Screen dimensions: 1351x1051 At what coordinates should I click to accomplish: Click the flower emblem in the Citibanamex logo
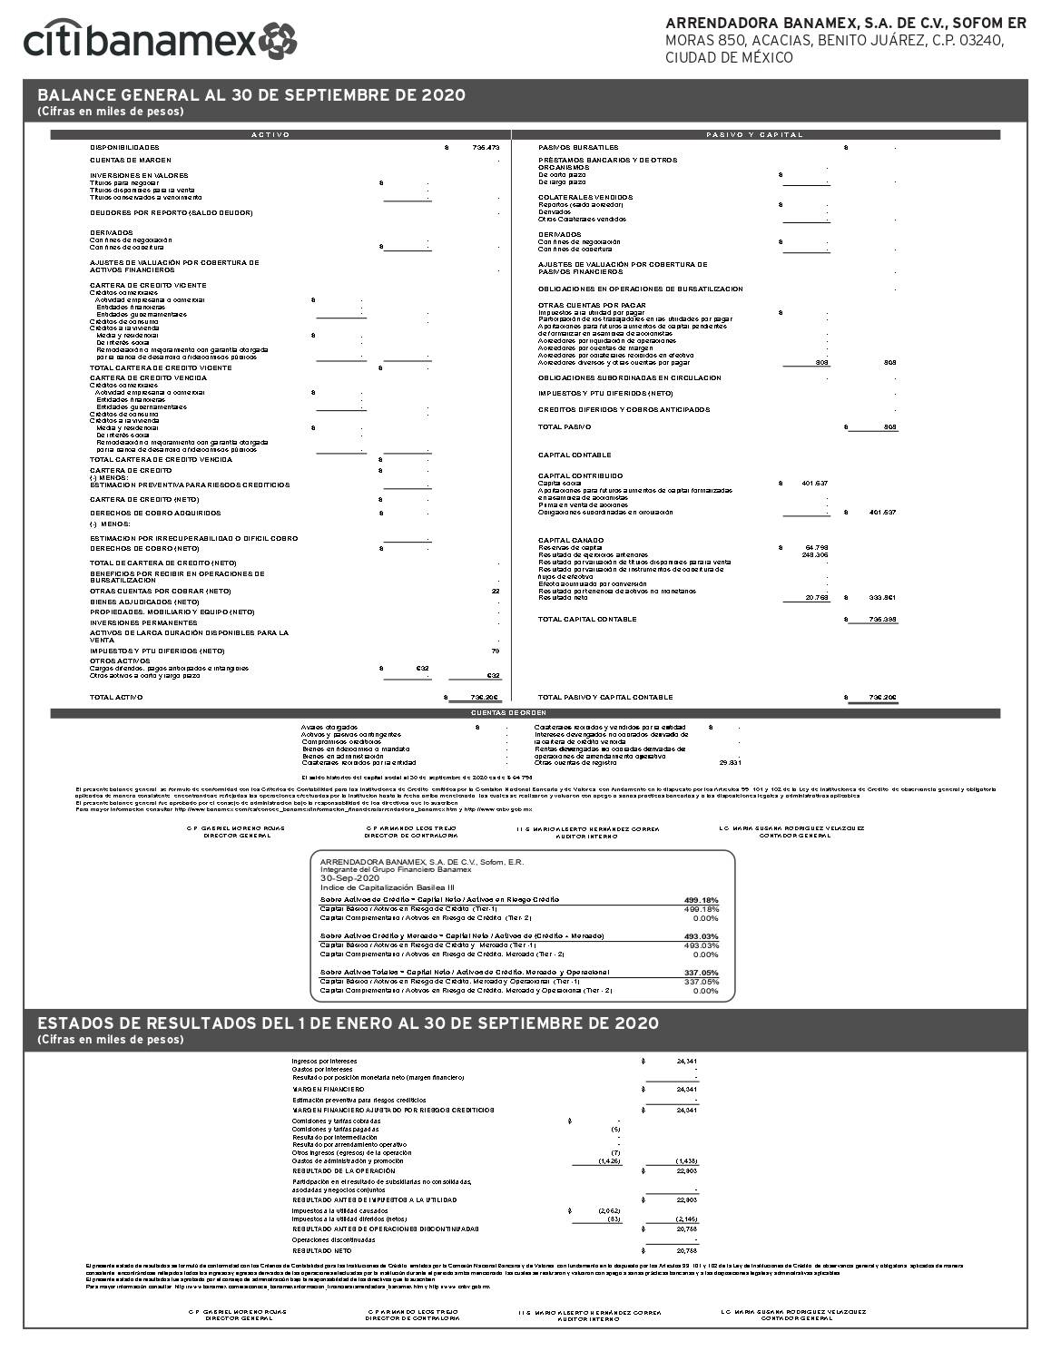(x=277, y=40)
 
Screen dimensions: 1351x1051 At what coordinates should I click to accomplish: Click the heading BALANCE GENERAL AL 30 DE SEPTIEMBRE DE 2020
(x=251, y=95)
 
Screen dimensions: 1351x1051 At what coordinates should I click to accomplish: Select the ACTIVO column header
(x=270, y=134)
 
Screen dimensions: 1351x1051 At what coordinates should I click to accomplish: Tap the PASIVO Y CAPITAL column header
(x=755, y=134)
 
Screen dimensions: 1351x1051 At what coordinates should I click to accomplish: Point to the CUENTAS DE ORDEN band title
(x=525, y=713)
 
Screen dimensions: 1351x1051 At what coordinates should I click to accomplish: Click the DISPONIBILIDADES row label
(x=124, y=147)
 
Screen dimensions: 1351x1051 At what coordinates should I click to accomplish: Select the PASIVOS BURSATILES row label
(x=578, y=147)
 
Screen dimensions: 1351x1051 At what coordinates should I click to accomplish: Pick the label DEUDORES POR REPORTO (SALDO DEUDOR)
(x=171, y=213)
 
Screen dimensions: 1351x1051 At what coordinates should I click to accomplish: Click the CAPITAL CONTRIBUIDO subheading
(x=581, y=475)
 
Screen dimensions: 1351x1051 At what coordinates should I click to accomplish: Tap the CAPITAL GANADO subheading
(x=572, y=541)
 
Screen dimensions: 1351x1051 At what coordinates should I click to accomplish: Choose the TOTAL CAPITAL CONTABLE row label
(x=587, y=619)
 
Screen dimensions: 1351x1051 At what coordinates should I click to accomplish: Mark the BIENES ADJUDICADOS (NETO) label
(x=144, y=602)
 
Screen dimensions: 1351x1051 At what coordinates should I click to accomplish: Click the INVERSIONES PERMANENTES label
(x=143, y=622)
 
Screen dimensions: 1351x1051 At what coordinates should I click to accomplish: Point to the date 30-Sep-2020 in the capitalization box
(x=350, y=878)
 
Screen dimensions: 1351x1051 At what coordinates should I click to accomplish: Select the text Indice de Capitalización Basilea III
(x=388, y=887)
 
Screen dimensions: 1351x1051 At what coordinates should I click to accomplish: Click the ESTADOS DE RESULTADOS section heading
(x=348, y=1023)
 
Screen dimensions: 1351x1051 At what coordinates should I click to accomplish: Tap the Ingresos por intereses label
(x=324, y=1061)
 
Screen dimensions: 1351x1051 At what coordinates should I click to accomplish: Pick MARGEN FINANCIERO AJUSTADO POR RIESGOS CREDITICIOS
(x=393, y=1110)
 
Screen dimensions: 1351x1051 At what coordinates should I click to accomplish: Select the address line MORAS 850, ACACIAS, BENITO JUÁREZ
(x=834, y=41)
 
